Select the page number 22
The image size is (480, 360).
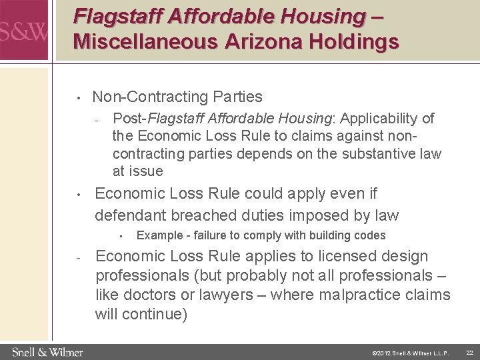point(468,351)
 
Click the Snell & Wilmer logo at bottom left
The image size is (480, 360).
point(47,351)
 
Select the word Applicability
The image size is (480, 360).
point(374,119)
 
